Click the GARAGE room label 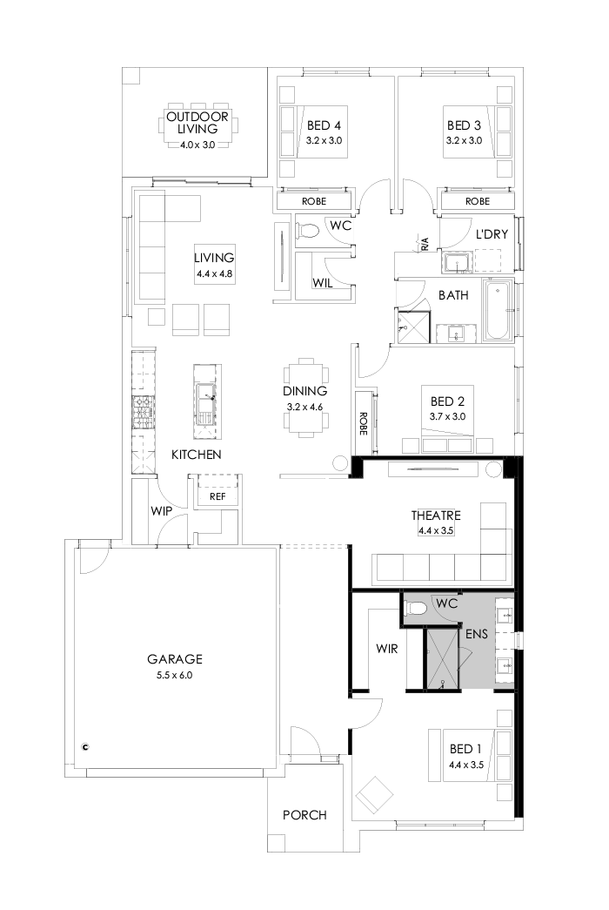174,659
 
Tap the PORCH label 304,815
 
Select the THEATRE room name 435,516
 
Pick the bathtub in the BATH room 498,312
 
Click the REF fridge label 217,496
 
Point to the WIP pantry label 160,510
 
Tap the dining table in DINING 306,396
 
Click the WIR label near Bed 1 387,649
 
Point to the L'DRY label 491,234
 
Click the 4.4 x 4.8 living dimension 215,273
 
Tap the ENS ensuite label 477,634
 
